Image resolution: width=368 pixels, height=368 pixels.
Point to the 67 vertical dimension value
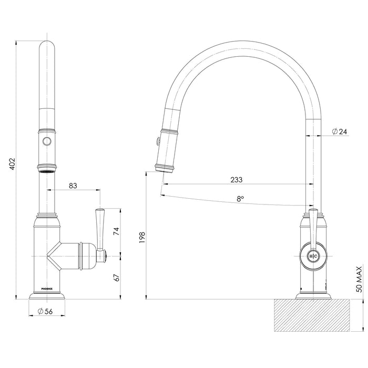click(x=116, y=277)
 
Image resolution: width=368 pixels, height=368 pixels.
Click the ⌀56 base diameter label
click(x=47, y=312)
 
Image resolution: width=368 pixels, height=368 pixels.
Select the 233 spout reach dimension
click(x=236, y=179)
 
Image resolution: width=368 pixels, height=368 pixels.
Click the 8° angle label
click(x=240, y=199)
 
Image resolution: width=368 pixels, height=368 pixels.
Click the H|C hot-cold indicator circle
click(x=312, y=256)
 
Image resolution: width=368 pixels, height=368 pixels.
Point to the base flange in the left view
click(x=47, y=297)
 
